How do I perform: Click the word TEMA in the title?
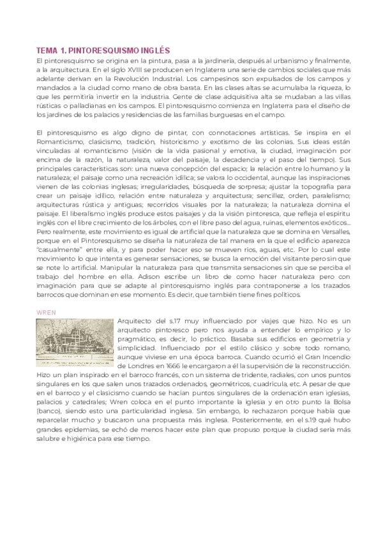[47, 50]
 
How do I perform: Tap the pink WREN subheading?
[47, 312]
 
